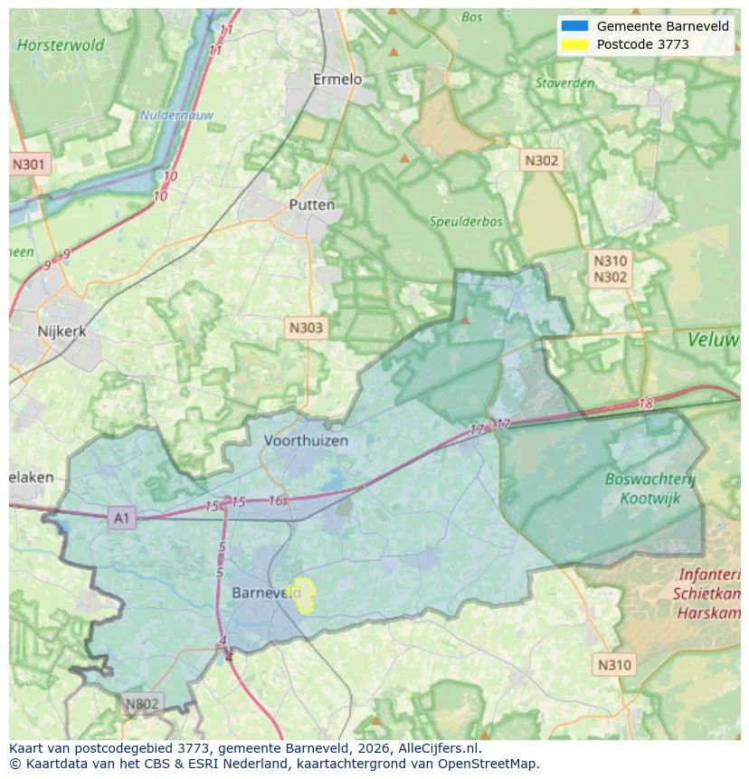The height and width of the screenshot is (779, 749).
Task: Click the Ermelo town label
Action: [337, 80]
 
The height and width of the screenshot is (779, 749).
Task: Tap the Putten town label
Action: [311, 204]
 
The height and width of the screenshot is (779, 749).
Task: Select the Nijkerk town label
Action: [62, 331]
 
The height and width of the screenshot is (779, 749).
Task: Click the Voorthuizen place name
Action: [306, 441]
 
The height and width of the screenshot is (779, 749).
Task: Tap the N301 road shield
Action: [30, 165]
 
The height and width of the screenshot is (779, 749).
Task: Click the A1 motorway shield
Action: [121, 518]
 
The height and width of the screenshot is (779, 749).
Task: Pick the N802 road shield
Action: [141, 704]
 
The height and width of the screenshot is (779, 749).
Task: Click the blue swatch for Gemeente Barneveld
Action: [574, 26]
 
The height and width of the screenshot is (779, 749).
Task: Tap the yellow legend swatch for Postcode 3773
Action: [574, 44]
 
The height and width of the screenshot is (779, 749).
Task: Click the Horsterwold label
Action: [61, 44]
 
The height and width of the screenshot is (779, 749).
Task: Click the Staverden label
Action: [564, 83]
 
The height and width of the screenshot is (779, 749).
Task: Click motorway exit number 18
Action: [645, 404]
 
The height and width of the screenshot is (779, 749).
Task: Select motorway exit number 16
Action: [276, 500]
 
